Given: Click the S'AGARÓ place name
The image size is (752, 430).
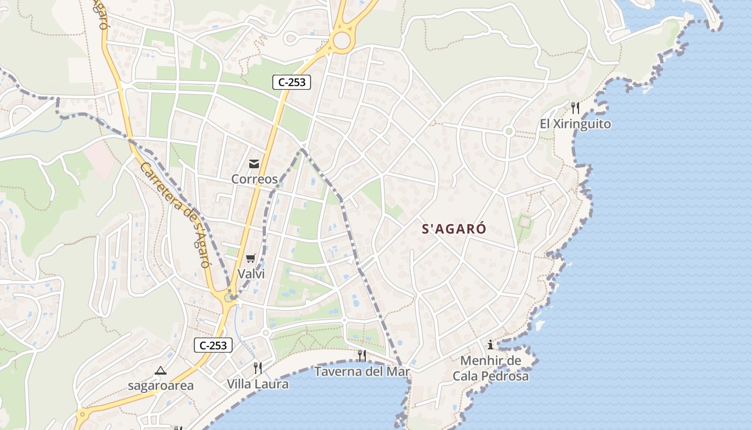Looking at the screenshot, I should point(454,229).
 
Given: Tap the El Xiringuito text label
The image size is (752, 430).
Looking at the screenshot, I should point(575,124).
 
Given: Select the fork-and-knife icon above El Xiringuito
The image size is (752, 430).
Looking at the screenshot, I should point(575,108).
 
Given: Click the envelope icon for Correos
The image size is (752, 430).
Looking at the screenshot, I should point(254,164).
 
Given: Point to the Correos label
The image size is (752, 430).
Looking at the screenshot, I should point(254,179).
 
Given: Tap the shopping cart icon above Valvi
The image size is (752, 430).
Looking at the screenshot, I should point(251,259).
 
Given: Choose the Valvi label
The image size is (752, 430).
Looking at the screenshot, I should point(251,274).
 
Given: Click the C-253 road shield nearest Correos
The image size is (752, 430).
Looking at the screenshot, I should point(292,82).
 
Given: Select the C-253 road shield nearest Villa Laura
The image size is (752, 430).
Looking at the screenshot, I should point(213,346).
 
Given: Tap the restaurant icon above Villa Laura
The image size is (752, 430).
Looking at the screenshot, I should point(258,368).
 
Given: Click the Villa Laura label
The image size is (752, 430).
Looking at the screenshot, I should point(257,384).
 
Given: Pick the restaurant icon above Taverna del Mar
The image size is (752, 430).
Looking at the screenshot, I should point(362,355).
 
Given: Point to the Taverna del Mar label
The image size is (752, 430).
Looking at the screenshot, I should point(362,371).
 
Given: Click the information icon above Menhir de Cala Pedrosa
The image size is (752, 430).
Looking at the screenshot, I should point(490,345).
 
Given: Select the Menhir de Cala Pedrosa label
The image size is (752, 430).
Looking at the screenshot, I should point(490,368).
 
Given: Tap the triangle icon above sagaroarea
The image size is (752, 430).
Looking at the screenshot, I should point(161,370).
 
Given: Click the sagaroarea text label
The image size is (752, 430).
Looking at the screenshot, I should point(161,386).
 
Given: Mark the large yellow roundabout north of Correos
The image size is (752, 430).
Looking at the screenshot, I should point(341,40).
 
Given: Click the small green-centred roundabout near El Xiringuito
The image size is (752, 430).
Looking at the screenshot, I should point(509,131).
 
